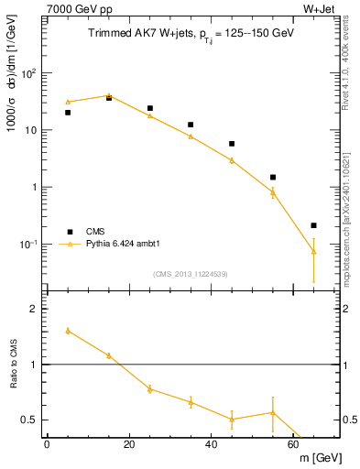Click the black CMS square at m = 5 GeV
click(x=68, y=113)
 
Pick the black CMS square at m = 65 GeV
click(x=313, y=225)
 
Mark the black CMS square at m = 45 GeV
click(x=232, y=144)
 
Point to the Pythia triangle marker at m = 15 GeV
click(x=109, y=95)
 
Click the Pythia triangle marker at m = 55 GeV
click(x=273, y=191)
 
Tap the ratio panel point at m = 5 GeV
click(x=68, y=331)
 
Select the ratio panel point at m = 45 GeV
click(x=232, y=419)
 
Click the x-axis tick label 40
click(x=211, y=444)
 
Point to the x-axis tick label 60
click(x=293, y=444)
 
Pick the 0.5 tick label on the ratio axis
click(x=32, y=420)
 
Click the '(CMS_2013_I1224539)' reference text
click(x=190, y=273)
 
